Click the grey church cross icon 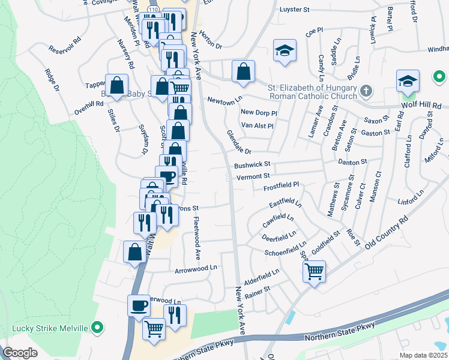pos(366,91)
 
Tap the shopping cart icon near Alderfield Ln pos(315,272)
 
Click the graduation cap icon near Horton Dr pos(285,50)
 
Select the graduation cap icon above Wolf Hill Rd pos(408,80)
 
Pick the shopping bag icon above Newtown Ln pos(243,72)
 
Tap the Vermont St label pos(253,176)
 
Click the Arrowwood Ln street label pos(194,270)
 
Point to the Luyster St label pos(294,10)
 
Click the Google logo pos(20,353)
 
